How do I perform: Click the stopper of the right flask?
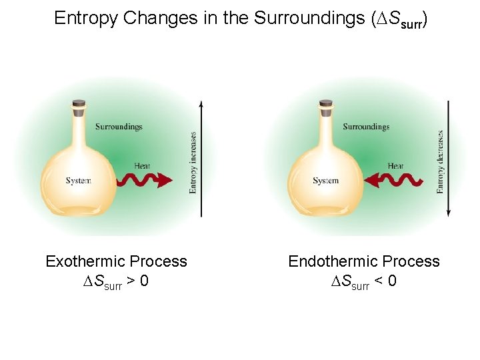[326, 105]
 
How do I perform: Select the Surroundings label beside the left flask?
[119, 127]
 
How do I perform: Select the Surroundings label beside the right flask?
[366, 127]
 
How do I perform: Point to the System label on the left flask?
[79, 181]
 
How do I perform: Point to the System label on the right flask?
[326, 181]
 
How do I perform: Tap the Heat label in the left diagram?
[142, 166]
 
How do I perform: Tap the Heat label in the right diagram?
[395, 166]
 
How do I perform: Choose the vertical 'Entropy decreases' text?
[441, 161]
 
